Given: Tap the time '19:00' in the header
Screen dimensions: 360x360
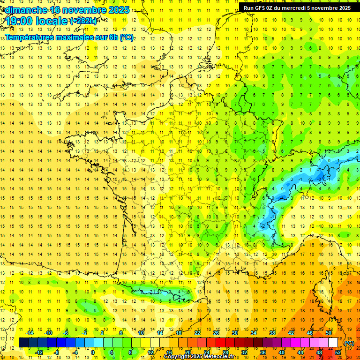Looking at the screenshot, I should (19, 21).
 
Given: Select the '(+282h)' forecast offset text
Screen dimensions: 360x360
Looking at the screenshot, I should (84, 21).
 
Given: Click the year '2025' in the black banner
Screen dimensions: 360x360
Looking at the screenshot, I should (342, 7).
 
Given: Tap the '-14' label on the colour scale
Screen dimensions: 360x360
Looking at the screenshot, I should (30, 333).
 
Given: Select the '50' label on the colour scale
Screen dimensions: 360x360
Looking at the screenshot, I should (329, 333).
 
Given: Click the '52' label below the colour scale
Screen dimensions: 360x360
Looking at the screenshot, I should (338, 352).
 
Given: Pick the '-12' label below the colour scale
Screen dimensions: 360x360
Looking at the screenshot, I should (39, 352).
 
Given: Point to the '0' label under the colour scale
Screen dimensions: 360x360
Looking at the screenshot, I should (93, 352).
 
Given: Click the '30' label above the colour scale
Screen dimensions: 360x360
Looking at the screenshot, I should (235, 333).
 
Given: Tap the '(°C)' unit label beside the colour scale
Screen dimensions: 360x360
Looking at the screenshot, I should (349, 343).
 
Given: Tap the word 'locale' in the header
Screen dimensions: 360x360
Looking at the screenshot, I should (52, 21).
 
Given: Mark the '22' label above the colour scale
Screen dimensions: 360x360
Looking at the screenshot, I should (197, 333).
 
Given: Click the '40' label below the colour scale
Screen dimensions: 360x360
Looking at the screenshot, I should (282, 352).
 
